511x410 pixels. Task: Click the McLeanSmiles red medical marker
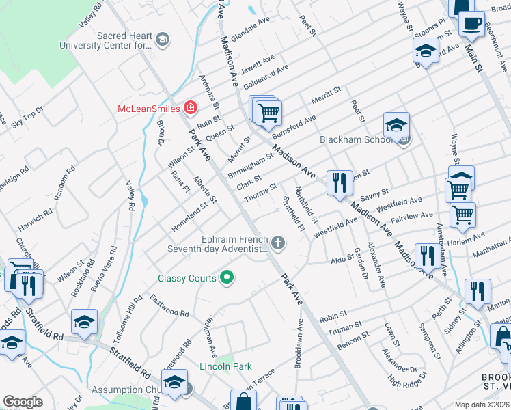(189, 109)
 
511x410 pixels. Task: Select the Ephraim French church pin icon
(277, 242)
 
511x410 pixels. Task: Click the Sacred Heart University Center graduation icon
(162, 40)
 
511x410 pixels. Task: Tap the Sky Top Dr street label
(27, 117)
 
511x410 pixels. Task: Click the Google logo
(23, 401)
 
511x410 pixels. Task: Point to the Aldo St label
(340, 260)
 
